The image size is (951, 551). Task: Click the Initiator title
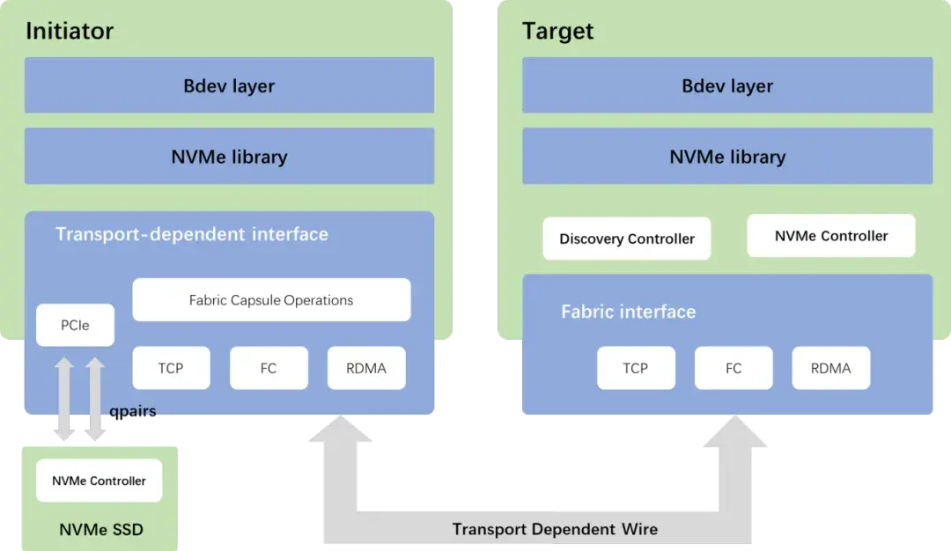[x=70, y=32]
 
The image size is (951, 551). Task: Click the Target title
[x=557, y=32]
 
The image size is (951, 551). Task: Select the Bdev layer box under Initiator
[x=229, y=85]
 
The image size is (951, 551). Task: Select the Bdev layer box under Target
[x=727, y=85]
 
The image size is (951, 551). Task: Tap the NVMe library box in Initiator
[x=229, y=157]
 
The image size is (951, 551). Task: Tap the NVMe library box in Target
[x=727, y=157]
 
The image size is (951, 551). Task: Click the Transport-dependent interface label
[x=191, y=234]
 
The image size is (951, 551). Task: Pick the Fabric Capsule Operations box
[x=271, y=300]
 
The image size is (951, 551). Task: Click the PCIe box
[x=75, y=326]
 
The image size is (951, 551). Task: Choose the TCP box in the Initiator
[x=171, y=368]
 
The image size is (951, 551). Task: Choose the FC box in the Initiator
[x=269, y=368]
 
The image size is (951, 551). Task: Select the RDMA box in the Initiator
[x=366, y=368]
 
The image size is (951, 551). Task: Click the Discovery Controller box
[x=626, y=239]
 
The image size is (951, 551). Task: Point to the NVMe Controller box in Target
[x=831, y=236]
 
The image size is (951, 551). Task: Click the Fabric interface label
[x=628, y=312]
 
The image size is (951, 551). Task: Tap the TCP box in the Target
[x=636, y=368]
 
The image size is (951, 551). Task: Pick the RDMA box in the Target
[x=830, y=368]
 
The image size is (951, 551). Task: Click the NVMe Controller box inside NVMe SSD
[x=99, y=481]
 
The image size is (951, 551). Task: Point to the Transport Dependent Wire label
[x=555, y=529]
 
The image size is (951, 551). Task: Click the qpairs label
[x=133, y=411]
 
